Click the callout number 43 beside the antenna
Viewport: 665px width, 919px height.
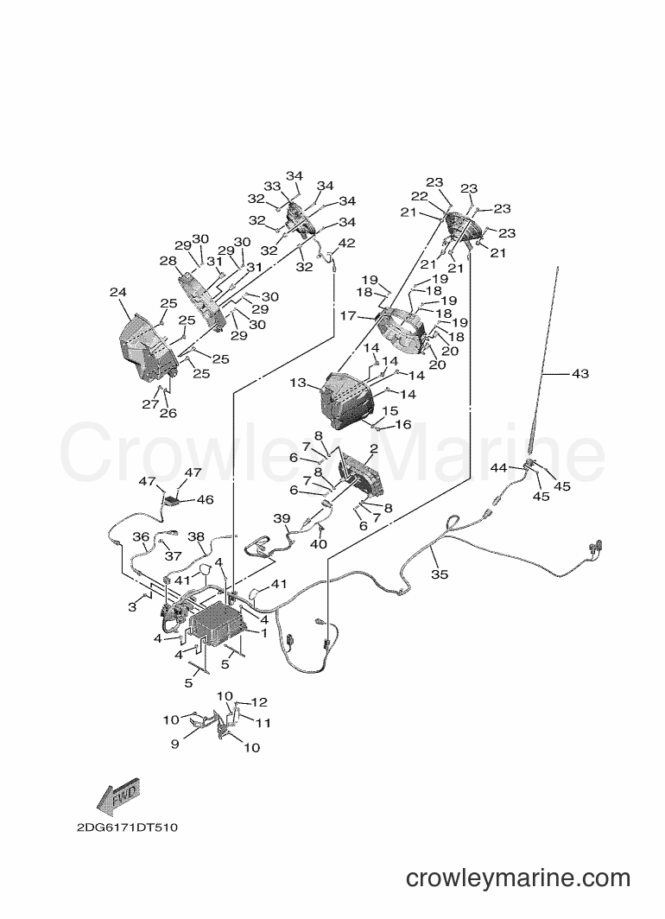tap(579, 373)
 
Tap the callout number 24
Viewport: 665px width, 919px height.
tap(117, 293)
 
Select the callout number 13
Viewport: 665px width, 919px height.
tap(298, 383)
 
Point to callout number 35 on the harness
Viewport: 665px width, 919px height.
tap(440, 574)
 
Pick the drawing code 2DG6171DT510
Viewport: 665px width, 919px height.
tap(127, 828)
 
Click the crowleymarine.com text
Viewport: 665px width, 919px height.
tap(518, 878)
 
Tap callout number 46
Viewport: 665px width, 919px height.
tap(205, 499)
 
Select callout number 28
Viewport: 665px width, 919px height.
tap(168, 260)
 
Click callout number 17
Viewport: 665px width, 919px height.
tap(348, 316)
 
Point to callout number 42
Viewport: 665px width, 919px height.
tap(347, 243)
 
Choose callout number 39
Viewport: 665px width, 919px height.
tap(282, 518)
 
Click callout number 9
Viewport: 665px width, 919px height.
tap(174, 744)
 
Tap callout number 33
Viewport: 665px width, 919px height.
tap(272, 187)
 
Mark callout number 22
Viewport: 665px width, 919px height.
tap(419, 196)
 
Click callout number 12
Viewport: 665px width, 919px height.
tap(260, 702)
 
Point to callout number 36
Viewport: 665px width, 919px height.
tap(141, 536)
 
